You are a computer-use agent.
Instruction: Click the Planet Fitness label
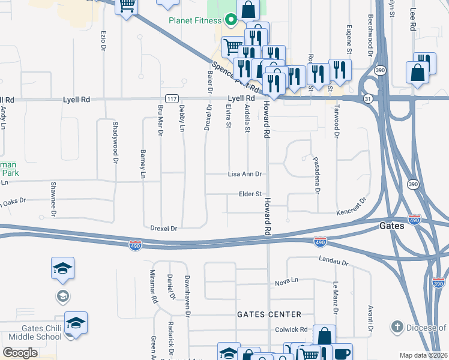point(196,20)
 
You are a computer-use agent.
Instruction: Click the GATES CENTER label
point(269,314)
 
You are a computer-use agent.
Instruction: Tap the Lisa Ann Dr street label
point(245,174)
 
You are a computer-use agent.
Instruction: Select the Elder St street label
point(250,194)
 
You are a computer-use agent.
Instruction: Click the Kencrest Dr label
point(351,206)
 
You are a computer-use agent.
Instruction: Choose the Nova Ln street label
point(286,281)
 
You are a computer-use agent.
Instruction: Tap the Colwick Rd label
point(291,329)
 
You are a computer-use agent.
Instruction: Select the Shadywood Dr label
point(115,143)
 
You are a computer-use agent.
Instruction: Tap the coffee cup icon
point(343,353)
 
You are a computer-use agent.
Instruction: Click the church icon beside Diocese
point(397,327)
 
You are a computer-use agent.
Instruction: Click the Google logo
point(20,353)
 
